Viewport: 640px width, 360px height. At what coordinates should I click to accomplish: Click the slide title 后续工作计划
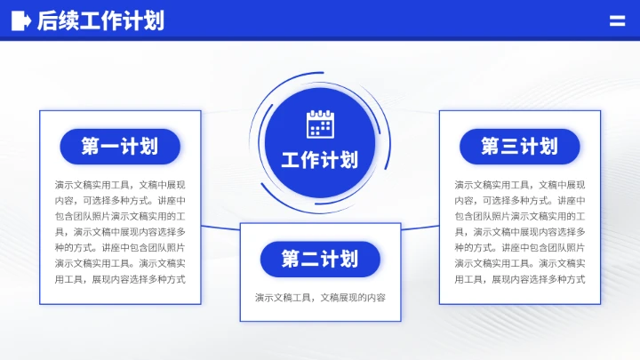pos(100,20)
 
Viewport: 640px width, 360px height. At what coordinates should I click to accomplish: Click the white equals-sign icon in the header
pos(617,20)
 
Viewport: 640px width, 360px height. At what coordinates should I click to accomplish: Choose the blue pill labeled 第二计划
pos(320,260)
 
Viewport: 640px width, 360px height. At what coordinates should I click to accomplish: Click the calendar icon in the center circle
pos(320,124)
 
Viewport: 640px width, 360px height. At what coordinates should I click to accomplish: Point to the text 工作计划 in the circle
pos(320,160)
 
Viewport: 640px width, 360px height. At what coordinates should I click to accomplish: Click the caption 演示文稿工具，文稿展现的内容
pos(320,298)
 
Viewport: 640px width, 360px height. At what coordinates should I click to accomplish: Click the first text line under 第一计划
pos(120,185)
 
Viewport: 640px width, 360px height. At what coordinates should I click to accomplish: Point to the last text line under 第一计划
pos(120,279)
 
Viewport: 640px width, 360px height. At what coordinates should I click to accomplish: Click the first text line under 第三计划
pos(520,185)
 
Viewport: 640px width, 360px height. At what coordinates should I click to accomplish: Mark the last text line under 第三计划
pos(520,279)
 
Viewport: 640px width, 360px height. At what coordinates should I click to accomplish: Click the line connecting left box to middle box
pos(220,228)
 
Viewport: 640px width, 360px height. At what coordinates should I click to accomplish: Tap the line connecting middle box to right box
pos(420,228)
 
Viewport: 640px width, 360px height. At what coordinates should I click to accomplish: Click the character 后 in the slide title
pos(47,20)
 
